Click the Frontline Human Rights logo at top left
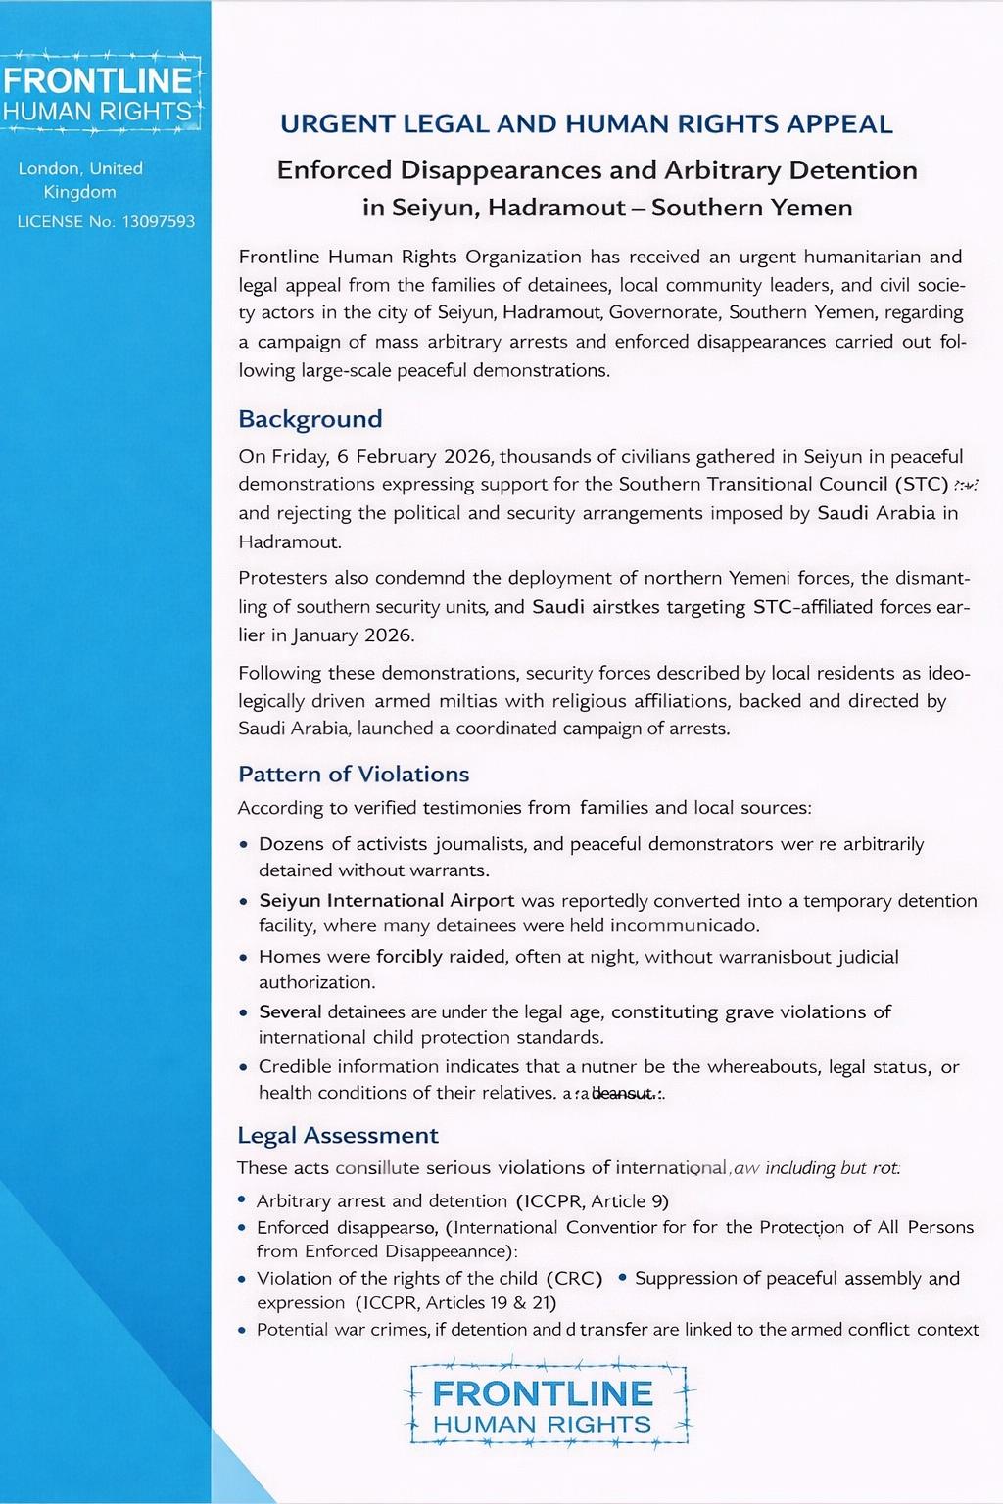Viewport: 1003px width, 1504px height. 100,94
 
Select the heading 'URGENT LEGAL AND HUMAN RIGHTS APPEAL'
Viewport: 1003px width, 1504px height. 586,124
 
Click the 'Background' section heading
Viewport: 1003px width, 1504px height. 310,419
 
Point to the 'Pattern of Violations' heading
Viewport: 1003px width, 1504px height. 354,775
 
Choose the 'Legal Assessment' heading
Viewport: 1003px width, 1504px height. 338,1135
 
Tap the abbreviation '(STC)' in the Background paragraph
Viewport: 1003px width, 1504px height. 922,484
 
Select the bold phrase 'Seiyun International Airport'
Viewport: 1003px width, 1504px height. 386,900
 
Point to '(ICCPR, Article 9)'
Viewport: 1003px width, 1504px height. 592,1200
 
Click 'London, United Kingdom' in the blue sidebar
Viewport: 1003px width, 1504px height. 80,180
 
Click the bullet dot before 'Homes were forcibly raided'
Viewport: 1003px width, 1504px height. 244,958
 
